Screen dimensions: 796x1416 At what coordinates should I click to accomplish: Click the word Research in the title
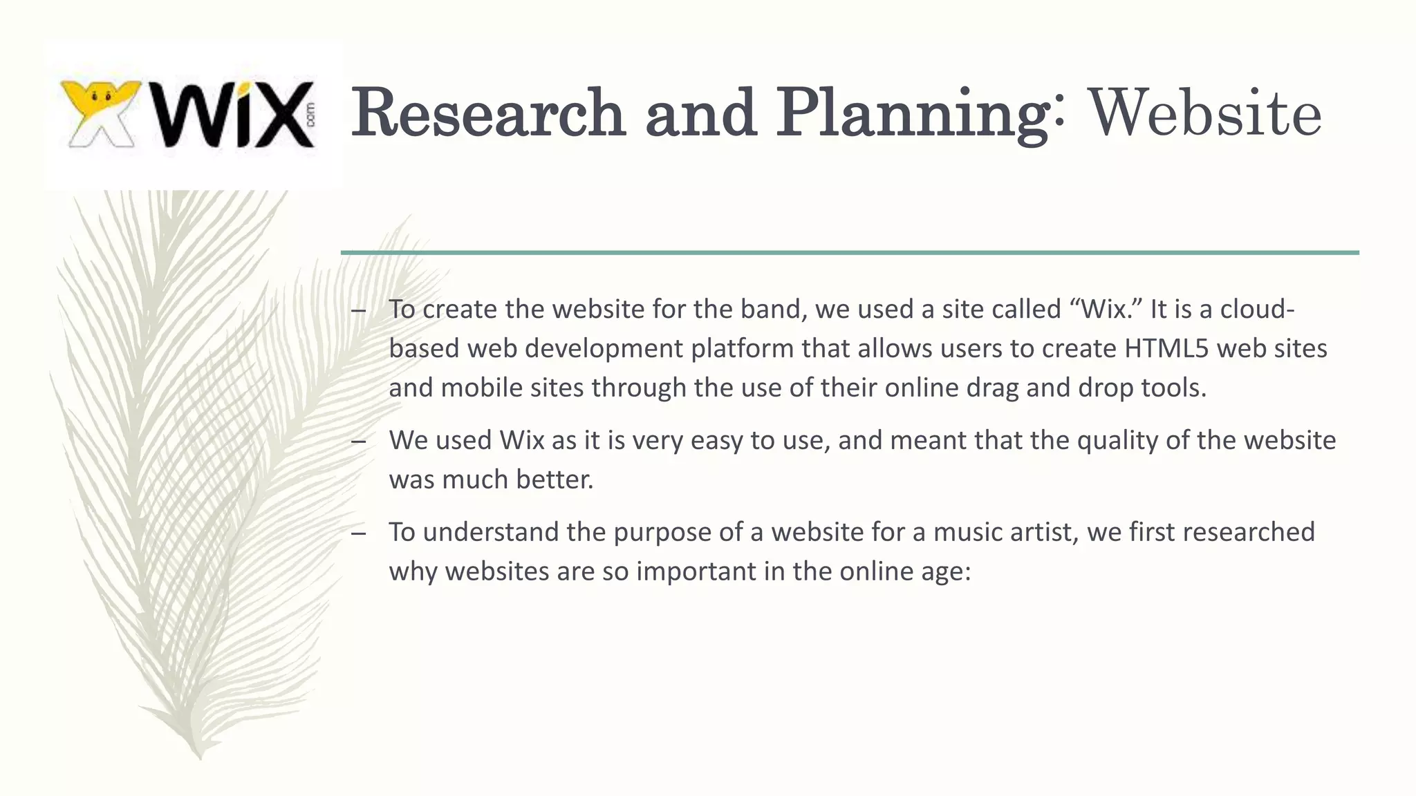coord(488,113)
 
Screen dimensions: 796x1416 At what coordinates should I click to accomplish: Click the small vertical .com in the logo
coord(310,115)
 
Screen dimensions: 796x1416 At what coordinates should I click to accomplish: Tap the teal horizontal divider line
coord(849,253)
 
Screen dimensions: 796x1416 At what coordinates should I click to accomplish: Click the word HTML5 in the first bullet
coord(1166,348)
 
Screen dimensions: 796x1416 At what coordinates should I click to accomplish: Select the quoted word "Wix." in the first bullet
coord(1106,309)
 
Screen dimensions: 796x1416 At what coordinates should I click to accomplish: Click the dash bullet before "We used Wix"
coord(358,441)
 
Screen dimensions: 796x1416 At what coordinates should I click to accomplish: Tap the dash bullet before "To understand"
coord(358,533)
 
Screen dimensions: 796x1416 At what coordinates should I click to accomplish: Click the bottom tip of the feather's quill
coord(200,758)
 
